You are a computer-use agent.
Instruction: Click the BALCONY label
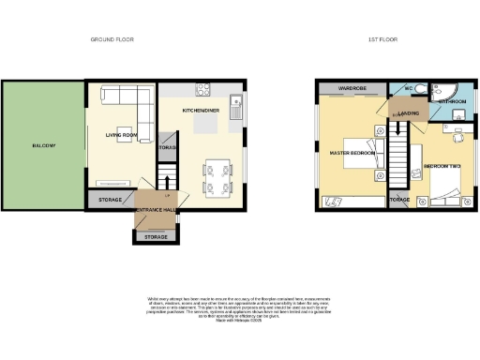pos(43,145)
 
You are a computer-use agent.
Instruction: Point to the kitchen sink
pos(237,105)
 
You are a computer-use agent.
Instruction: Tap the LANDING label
pos(408,112)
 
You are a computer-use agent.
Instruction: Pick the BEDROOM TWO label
pos(441,166)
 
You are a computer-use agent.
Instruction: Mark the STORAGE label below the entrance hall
pos(156,237)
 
